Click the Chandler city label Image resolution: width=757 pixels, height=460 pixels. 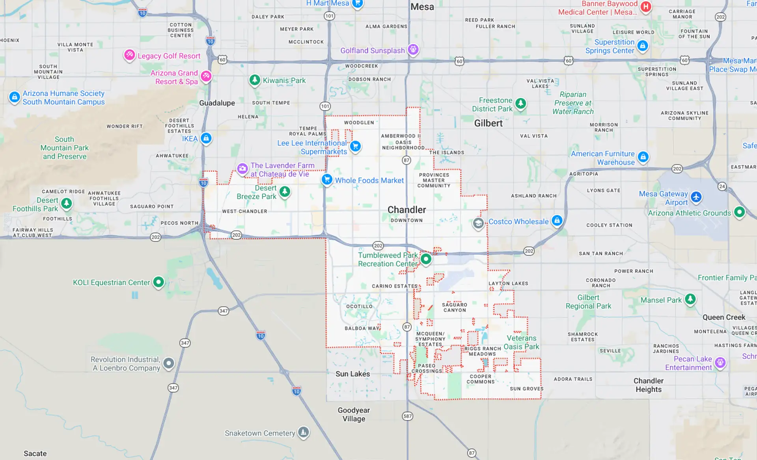406,210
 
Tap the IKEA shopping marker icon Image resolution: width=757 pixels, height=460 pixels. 206,138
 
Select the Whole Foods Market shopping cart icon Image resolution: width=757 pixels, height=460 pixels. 327,179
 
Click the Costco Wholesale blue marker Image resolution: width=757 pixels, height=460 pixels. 557,220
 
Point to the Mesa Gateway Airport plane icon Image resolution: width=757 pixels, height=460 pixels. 696,197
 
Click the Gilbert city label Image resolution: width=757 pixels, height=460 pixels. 488,123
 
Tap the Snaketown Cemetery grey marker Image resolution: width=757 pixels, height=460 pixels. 303,432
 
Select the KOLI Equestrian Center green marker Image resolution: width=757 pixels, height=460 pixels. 158,282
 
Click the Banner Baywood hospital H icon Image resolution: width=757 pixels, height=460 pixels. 645,6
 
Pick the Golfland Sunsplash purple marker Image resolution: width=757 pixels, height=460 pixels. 413,49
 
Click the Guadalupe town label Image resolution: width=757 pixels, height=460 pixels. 217,103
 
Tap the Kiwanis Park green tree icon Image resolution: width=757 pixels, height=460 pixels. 255,80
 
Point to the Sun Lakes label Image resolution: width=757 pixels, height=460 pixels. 352,374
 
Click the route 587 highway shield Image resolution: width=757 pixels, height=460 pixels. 407,416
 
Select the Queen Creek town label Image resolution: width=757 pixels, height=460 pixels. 723,317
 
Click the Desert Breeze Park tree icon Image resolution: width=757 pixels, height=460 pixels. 285,192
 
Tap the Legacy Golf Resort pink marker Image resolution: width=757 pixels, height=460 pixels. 129,55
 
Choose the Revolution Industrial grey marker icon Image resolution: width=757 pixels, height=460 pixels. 169,363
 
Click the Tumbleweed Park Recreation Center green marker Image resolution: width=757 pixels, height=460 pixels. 426,259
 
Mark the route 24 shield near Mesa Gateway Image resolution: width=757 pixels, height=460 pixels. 722,186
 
